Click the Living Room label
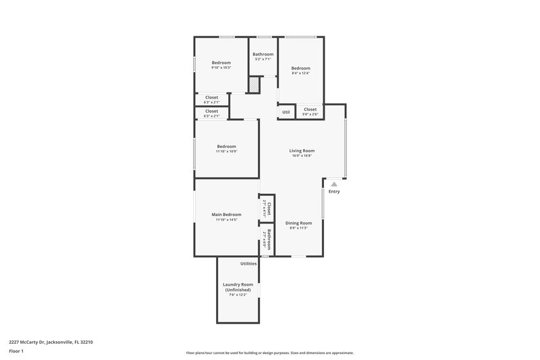click(302, 151)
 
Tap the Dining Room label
click(298, 223)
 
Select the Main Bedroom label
click(227, 215)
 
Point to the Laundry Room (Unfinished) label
click(238, 287)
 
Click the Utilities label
click(248, 263)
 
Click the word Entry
click(334, 192)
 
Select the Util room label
click(286, 112)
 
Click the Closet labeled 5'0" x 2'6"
click(310, 115)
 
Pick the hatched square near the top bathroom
click(254, 86)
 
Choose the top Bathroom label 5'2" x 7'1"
click(263, 54)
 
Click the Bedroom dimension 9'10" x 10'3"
click(221, 68)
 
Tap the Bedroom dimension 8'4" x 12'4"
click(300, 74)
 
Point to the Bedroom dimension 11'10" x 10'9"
click(226, 151)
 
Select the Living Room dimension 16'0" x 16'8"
click(302, 156)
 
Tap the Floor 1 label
click(16, 351)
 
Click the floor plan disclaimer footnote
click(269, 353)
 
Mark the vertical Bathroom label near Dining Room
click(269, 240)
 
